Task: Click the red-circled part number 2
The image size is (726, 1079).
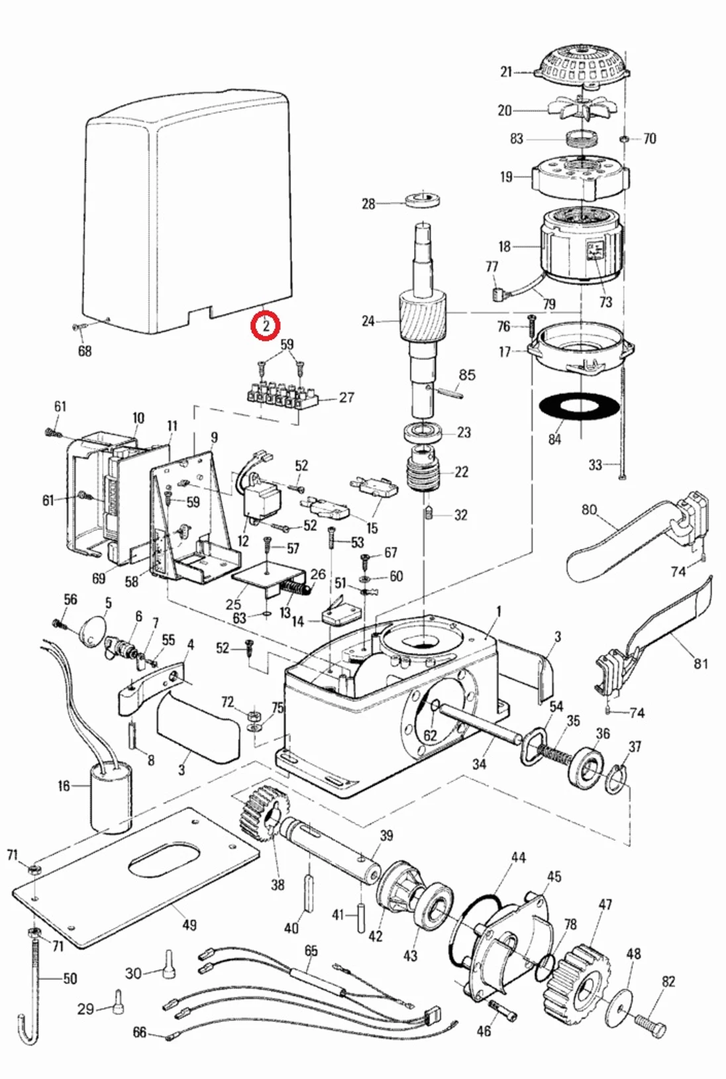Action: tap(265, 327)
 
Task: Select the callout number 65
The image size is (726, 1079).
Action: tap(311, 951)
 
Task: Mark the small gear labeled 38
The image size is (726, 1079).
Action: tap(264, 811)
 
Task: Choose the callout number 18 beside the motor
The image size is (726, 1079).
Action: tap(505, 246)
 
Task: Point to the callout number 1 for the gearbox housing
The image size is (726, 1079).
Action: tap(499, 611)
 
